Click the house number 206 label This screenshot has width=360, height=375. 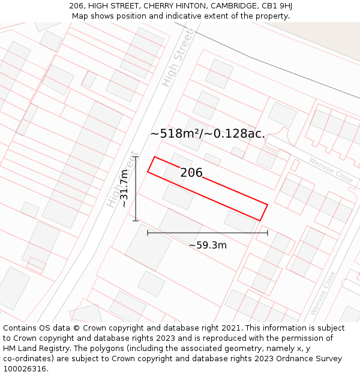pyautogui.click(x=191, y=173)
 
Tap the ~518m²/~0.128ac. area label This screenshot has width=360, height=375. pyautogui.click(x=207, y=133)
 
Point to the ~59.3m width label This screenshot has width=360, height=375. pyautogui.click(x=208, y=245)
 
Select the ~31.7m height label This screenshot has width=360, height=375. pyautogui.click(x=124, y=188)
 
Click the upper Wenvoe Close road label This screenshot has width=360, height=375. pyautogui.click(x=331, y=170)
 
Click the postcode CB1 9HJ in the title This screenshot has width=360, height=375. pyautogui.click(x=277, y=6)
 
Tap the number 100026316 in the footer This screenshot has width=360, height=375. pyautogui.click(x=26, y=368)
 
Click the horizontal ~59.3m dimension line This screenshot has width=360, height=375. pyautogui.click(x=208, y=232)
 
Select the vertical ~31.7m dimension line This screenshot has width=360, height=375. pyautogui.click(x=136, y=188)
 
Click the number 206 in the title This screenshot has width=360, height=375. pyautogui.click(x=76, y=6)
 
